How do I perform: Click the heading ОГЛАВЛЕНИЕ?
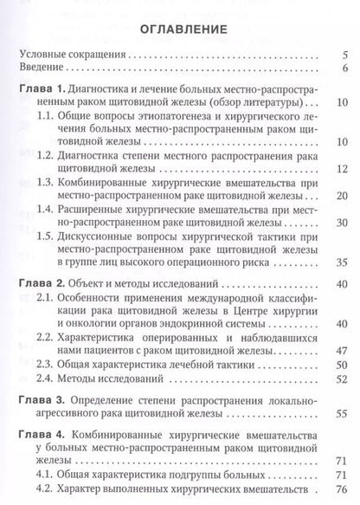tap(181, 29)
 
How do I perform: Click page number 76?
tap(341, 489)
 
